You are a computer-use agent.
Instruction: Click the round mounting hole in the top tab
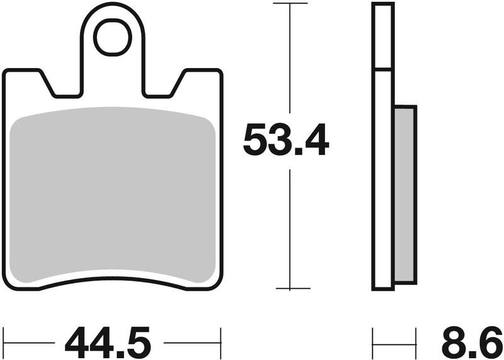(x=112, y=37)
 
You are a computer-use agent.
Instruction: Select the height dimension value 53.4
(x=286, y=141)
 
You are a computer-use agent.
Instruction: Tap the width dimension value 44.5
(x=108, y=344)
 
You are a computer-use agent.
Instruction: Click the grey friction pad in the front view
(x=113, y=195)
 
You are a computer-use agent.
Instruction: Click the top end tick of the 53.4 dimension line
(x=289, y=4)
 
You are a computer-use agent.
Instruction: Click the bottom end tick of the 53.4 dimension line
(x=289, y=288)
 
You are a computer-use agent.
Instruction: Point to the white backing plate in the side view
(x=383, y=189)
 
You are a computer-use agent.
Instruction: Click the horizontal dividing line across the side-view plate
(x=383, y=69)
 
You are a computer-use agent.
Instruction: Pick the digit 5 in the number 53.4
(x=256, y=141)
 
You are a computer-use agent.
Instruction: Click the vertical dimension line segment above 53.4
(x=289, y=63)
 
